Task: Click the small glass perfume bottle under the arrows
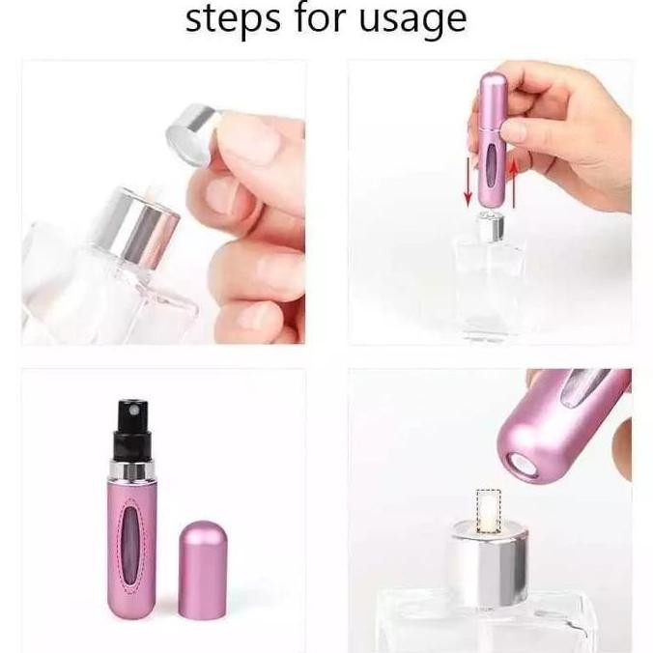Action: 490,280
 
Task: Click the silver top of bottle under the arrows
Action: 490,228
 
